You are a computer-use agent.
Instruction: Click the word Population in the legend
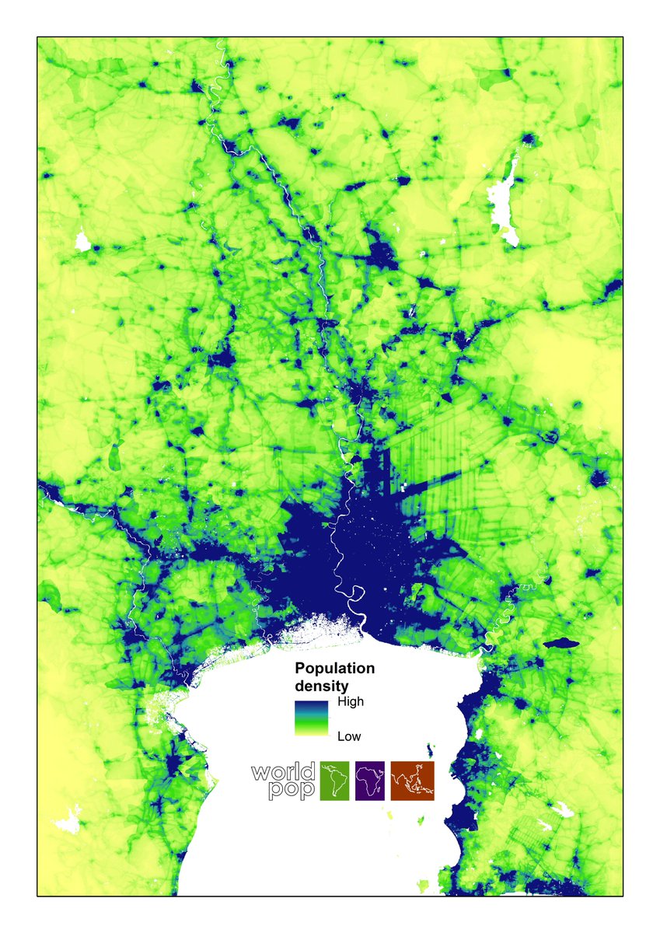pos(333,669)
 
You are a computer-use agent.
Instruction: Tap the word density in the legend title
pos(320,687)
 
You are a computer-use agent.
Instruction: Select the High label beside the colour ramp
pos(351,701)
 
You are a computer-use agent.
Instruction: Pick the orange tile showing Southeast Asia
pos(413,781)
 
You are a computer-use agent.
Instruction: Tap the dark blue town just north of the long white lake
pos(529,140)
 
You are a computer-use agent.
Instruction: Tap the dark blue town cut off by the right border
pos(613,288)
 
